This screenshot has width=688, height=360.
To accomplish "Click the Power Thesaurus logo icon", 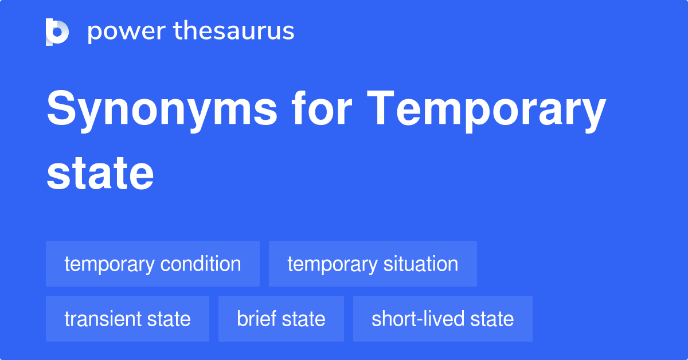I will click(57, 32).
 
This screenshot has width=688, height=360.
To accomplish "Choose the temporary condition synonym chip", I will click(153, 264).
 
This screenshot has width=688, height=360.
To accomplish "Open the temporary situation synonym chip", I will click(373, 264).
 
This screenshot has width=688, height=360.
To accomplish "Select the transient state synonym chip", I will click(127, 319).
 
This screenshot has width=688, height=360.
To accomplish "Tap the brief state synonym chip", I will click(281, 319).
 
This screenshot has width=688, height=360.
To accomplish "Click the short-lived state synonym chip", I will click(443, 319).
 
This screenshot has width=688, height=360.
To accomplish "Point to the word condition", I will click(200, 264).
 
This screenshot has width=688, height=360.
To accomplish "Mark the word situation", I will click(420, 264).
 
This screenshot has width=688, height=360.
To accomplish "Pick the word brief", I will click(256, 319).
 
